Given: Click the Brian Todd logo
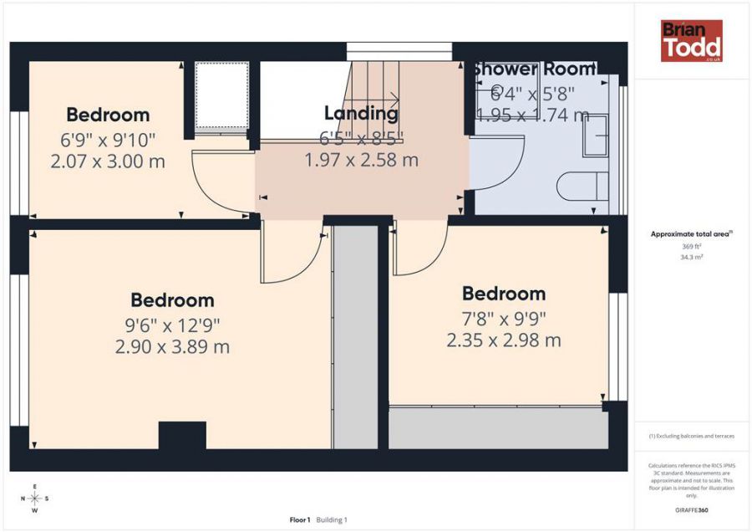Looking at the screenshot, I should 691,41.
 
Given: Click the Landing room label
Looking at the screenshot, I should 361,113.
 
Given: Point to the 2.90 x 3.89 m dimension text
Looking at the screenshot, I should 172,346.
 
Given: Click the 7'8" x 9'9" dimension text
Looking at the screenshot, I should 504,318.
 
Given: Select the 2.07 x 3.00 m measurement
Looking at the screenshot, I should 108,161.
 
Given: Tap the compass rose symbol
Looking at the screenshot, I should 34,498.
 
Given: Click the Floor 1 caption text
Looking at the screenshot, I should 300,520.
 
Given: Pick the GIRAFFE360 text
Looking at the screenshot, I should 691,510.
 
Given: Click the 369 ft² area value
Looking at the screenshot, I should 691,247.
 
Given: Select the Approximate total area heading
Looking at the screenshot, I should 691,234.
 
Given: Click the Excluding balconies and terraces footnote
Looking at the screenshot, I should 691,437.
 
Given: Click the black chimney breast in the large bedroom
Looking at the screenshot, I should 182,436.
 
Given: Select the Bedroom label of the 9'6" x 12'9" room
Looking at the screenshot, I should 172,300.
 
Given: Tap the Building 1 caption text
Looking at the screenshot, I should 331,520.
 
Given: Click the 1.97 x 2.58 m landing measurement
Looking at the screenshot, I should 361,160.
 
